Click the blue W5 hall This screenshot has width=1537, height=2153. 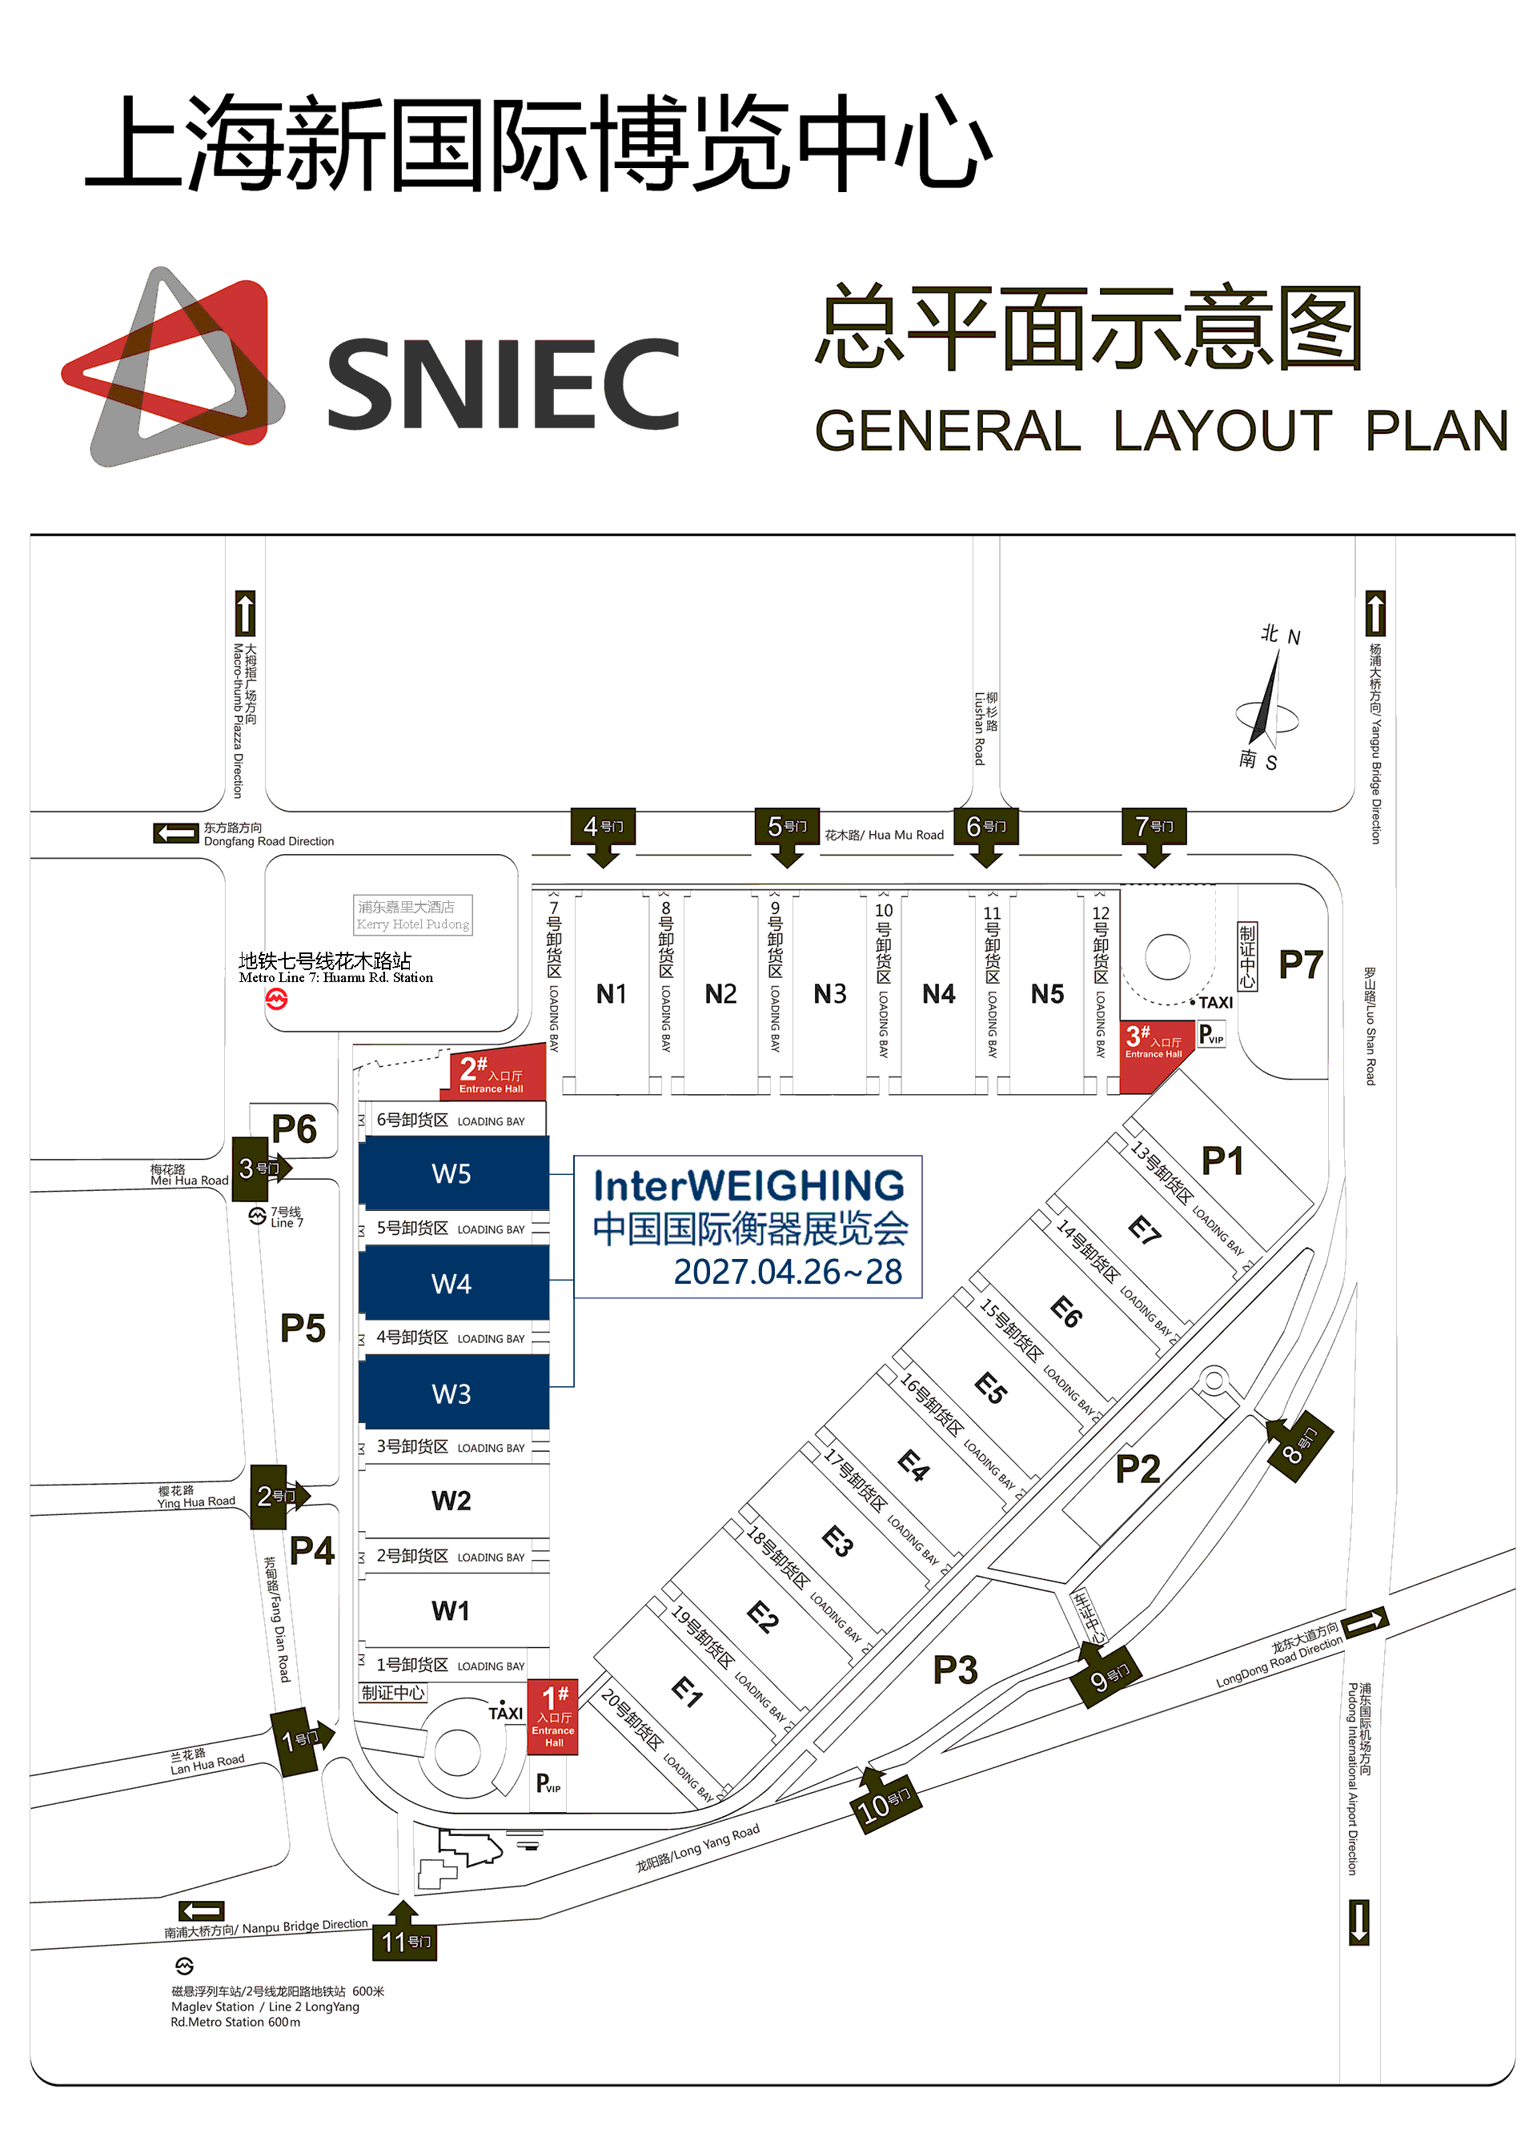tap(453, 1173)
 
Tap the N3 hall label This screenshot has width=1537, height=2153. tap(830, 994)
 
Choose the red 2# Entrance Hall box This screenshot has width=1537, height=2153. tap(499, 1075)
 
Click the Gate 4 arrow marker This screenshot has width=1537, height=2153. tap(603, 836)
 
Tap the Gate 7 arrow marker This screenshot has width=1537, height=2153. tap(1154, 836)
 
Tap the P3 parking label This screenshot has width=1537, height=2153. tap(955, 1670)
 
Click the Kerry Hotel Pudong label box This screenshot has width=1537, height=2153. tap(414, 915)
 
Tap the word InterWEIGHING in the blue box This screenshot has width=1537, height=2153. tap(748, 1185)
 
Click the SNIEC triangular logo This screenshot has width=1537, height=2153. tap(173, 367)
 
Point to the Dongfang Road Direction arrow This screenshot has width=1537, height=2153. tap(176, 833)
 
